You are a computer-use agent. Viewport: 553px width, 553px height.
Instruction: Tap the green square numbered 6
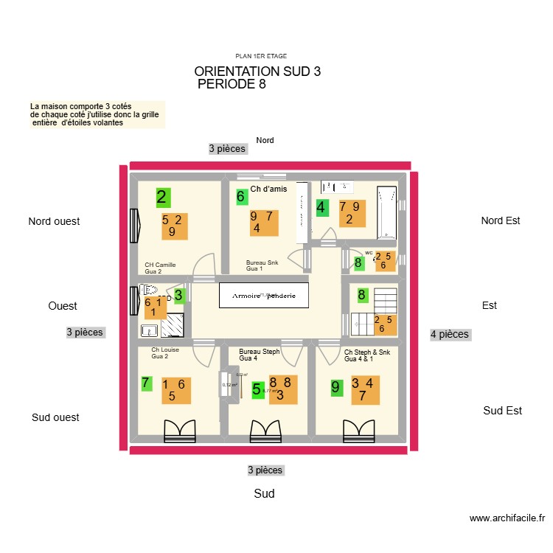click(240, 197)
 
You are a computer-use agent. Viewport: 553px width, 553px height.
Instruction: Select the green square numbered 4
click(321, 208)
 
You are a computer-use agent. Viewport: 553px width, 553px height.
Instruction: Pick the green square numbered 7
click(146, 383)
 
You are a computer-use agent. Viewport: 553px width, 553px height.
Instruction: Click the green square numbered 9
click(336, 387)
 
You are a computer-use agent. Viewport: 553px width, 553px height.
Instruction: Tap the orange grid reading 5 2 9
click(172, 226)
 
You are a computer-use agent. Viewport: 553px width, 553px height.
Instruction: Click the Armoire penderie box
click(264, 296)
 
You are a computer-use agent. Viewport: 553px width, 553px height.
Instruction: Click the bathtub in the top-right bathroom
click(386, 212)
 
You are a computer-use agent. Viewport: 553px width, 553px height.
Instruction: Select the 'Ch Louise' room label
click(165, 350)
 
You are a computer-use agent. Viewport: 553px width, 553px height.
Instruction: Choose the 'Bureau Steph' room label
click(259, 352)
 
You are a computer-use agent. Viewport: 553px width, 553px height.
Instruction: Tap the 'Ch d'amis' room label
click(268, 189)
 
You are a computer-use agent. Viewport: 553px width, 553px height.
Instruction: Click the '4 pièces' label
click(449, 334)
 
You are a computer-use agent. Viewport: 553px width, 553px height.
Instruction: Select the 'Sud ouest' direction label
click(55, 417)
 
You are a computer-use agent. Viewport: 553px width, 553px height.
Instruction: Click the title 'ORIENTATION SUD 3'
click(257, 72)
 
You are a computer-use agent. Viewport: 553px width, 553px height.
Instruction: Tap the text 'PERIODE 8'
click(232, 84)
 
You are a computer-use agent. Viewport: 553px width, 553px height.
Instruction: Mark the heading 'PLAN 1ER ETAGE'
click(260, 56)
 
